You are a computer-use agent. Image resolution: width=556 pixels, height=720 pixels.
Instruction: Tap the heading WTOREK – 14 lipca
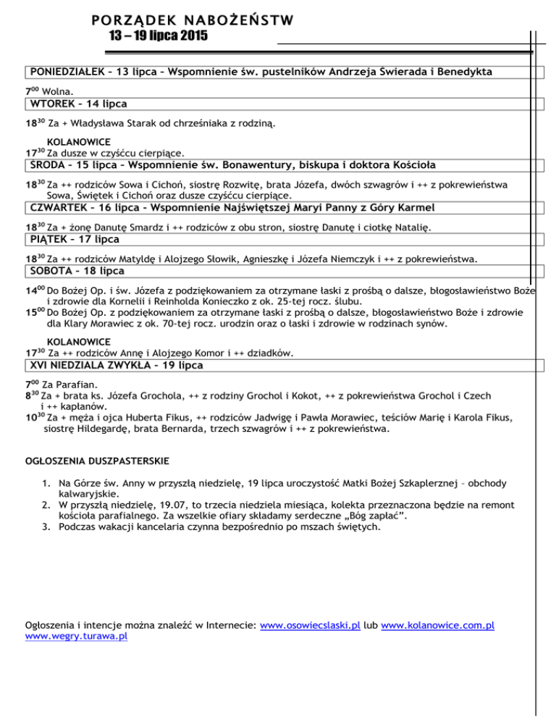[x=75, y=104]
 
